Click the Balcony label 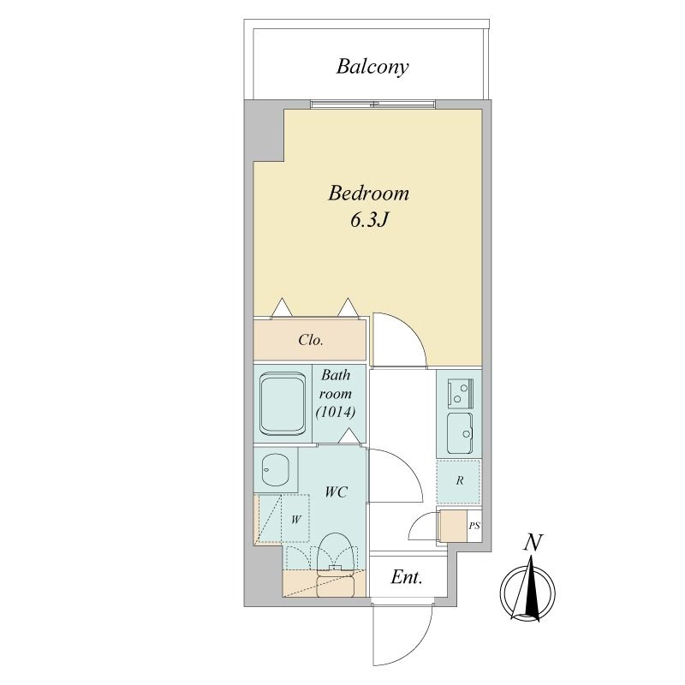point(372,67)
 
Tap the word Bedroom point(369,194)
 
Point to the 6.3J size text point(369,221)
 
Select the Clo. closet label point(311,340)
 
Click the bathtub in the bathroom point(283,403)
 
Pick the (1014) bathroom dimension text point(336,412)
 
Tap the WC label point(336,492)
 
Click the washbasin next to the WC point(275,469)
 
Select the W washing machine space point(295,519)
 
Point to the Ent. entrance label point(406,577)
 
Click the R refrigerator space point(459,481)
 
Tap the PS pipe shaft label point(474,526)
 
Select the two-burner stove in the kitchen point(460,393)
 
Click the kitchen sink point(460,433)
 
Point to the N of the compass point(533,543)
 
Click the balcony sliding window point(373,104)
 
